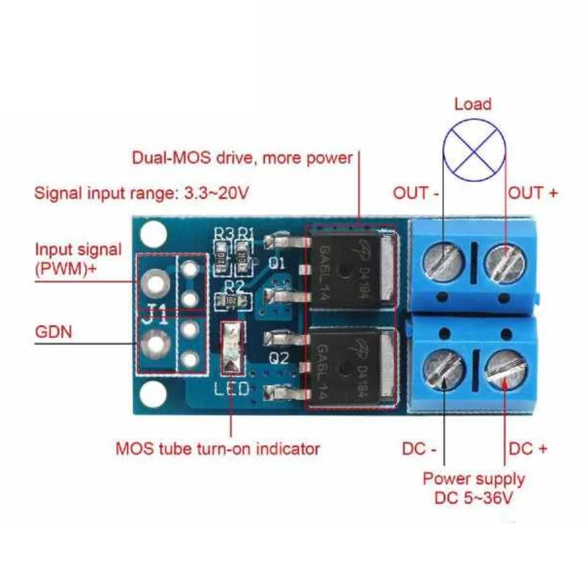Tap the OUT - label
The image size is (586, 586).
click(416, 193)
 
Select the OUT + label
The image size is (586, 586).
click(533, 193)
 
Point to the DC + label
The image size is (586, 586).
click(528, 449)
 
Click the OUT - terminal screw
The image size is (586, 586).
click(442, 263)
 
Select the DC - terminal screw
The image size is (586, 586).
click(444, 370)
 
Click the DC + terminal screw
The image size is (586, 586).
click(505, 370)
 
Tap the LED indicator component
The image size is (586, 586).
click(232, 347)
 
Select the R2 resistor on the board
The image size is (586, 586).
click(230, 301)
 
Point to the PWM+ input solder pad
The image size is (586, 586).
click(155, 282)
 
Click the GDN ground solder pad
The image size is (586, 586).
click(155, 344)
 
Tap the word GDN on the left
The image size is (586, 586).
click(54, 331)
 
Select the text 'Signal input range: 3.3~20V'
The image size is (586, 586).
click(141, 192)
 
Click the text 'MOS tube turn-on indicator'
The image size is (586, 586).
click(217, 448)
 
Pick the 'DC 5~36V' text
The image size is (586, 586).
click(473, 498)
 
